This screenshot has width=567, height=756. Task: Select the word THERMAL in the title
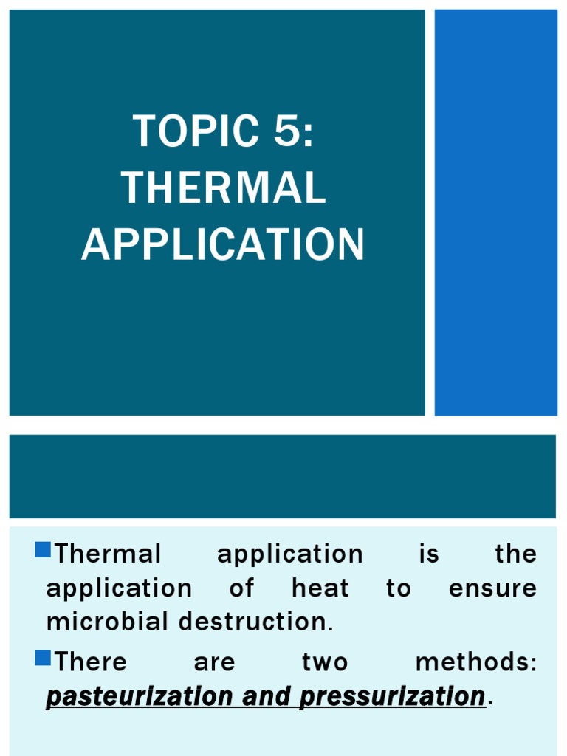(224, 188)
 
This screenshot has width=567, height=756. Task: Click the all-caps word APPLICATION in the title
(223, 244)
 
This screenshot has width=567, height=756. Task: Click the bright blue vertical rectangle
(495, 213)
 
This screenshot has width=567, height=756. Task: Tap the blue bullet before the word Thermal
(43, 550)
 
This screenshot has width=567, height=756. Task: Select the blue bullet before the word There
(43, 657)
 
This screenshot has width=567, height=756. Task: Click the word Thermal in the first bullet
(108, 554)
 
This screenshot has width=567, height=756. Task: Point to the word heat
(320, 588)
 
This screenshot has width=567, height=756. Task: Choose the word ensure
(492, 588)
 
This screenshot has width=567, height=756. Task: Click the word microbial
(108, 622)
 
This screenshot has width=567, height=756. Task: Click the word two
(325, 661)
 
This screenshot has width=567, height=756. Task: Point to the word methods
(475, 661)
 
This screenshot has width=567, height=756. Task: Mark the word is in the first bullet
(429, 554)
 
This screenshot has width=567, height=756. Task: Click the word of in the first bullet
(242, 588)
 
